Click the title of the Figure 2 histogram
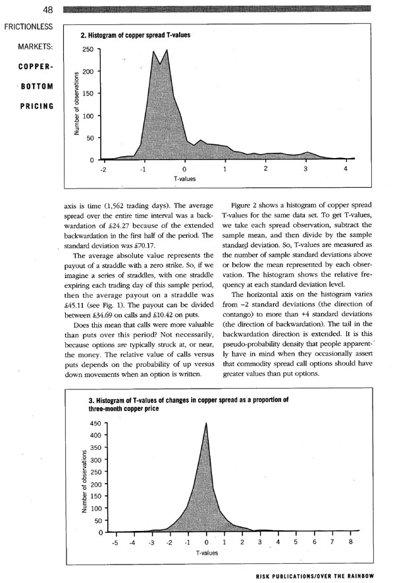pos(136,34)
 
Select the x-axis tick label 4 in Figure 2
pos(346,169)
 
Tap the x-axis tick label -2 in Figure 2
pos(103,169)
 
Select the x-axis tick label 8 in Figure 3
pos(351,543)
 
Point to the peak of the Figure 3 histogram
pos(206,424)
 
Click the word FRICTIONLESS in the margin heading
pos(28,29)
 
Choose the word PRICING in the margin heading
pos(38,105)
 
